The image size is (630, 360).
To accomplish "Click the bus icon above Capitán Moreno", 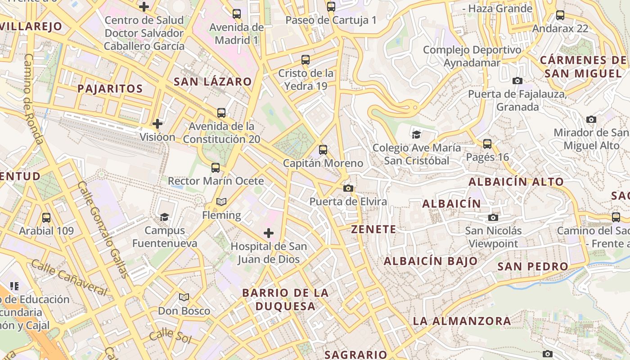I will (x=323, y=150).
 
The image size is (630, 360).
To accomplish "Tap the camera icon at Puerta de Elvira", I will (x=348, y=188).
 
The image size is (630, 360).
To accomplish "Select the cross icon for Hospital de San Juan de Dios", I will (x=269, y=233).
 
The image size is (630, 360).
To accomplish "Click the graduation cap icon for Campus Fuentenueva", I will (x=164, y=217).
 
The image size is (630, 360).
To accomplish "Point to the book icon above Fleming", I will (x=221, y=202).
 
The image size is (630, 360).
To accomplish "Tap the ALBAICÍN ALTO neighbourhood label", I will (x=516, y=182).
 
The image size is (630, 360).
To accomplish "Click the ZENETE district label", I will (x=373, y=229).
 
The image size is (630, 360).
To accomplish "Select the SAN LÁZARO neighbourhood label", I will (x=212, y=81).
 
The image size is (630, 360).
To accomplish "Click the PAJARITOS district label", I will (x=110, y=89).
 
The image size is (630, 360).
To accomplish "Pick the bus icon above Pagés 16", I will (x=487, y=144).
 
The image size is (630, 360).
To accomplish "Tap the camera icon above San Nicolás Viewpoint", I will (x=493, y=218).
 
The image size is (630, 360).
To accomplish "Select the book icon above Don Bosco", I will (x=184, y=297).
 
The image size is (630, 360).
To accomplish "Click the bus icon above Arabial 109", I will (x=46, y=218).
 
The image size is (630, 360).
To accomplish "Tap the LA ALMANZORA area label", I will (x=462, y=321).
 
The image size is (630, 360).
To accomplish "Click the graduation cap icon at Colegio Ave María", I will (x=416, y=134).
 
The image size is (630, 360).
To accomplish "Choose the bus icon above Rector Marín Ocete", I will (x=216, y=168).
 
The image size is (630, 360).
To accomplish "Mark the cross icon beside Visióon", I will (x=157, y=123).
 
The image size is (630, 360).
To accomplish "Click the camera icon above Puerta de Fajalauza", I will (x=517, y=81).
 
